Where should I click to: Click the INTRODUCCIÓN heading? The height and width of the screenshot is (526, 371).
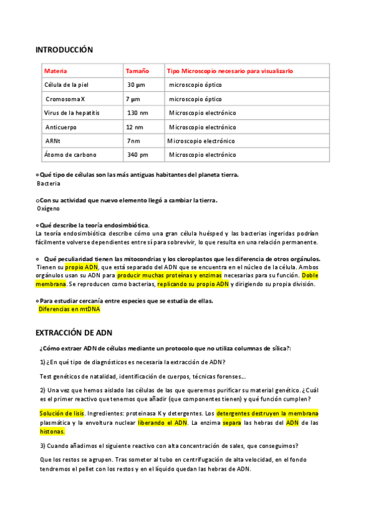(x=64, y=50)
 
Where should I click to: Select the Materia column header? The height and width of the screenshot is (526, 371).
(x=56, y=71)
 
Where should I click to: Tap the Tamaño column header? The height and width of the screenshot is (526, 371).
(x=137, y=71)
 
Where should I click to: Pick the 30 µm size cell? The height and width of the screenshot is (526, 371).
(x=136, y=85)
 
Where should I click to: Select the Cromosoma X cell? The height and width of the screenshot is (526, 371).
(x=65, y=99)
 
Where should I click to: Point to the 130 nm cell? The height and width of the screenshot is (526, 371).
(x=137, y=114)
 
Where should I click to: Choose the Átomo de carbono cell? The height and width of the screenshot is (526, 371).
(x=70, y=155)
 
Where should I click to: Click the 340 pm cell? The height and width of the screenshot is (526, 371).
(x=137, y=155)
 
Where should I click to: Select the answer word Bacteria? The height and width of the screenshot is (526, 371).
(x=48, y=184)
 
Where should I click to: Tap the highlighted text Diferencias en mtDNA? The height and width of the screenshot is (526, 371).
(x=66, y=309)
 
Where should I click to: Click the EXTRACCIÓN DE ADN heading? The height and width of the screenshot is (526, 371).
(x=74, y=332)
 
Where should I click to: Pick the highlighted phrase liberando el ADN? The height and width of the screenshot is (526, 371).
(x=171, y=422)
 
